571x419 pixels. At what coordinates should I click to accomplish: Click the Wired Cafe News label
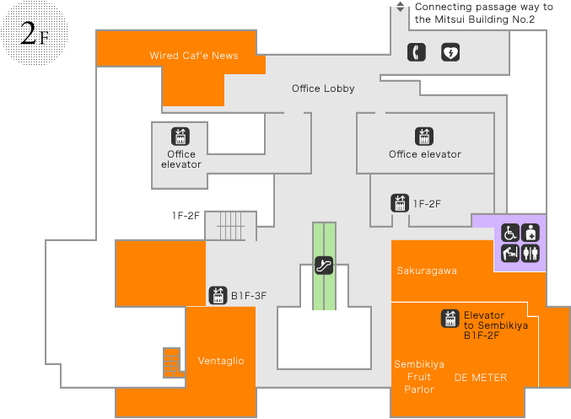tap(194, 56)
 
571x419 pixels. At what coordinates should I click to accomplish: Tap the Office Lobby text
tap(323, 89)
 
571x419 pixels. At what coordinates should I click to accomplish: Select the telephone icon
tap(416, 52)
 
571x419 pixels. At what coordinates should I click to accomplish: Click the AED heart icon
tap(451, 52)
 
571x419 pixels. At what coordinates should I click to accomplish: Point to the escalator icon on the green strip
tap(324, 265)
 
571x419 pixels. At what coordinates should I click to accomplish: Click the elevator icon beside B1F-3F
tap(218, 295)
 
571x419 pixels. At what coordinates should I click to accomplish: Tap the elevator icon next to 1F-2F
tap(400, 203)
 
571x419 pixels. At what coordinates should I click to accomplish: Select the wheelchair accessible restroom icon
tap(510, 233)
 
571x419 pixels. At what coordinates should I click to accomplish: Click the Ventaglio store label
tap(221, 361)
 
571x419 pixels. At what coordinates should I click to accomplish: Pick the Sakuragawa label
tap(427, 271)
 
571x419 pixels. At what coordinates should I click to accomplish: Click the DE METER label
tap(481, 378)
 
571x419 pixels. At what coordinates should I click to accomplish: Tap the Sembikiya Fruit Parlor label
tap(419, 377)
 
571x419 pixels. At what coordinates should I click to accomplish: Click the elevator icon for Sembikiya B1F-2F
tap(450, 319)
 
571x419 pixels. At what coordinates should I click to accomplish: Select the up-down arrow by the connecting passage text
tap(401, 8)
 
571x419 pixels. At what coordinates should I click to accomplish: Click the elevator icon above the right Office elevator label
tap(424, 136)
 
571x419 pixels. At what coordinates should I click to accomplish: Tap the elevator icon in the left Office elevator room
tap(180, 137)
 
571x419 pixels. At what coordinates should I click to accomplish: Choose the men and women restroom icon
tap(531, 252)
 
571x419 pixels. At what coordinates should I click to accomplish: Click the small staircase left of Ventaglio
tap(172, 362)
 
